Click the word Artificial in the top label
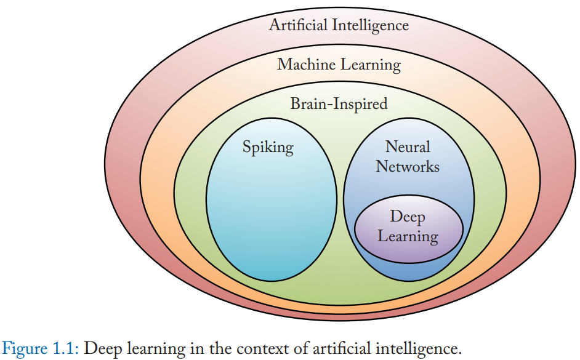pos(299,25)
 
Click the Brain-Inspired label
pos(339,103)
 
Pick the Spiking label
pos(268,148)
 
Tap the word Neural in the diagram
pos(408,147)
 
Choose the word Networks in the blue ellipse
pos(408,166)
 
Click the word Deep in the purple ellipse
pos(408,217)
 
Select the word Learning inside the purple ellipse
pos(408,236)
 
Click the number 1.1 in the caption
pos(63,348)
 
